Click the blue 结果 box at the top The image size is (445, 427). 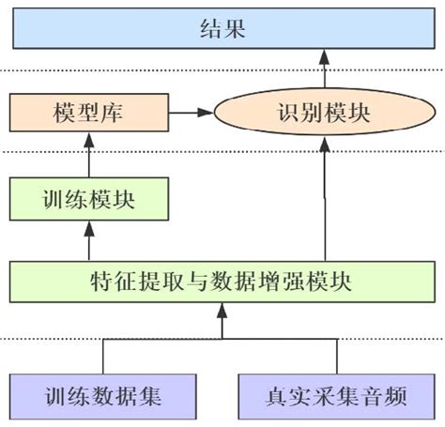coord(222,28)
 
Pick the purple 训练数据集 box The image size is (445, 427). coord(103,395)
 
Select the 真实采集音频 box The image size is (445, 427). coord(334,395)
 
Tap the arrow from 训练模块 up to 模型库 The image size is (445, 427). coord(88,156)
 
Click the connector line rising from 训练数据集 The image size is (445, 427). coord(103,357)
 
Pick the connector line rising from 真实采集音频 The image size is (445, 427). coord(335,357)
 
